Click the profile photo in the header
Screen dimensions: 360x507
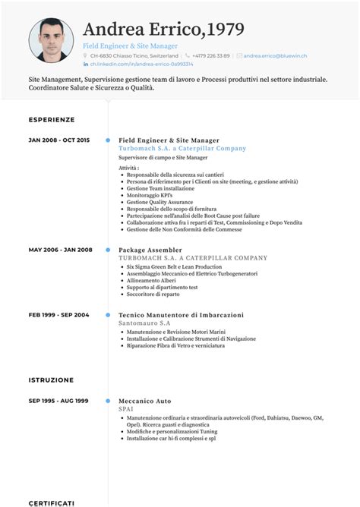click(52, 40)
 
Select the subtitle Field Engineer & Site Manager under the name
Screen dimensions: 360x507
click(130, 46)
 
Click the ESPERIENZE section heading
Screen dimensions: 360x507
click(52, 120)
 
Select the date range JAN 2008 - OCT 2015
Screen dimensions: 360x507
click(59, 140)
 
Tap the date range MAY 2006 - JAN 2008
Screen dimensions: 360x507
click(60, 250)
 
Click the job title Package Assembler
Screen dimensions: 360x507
click(150, 250)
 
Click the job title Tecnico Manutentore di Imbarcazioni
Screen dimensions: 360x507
click(181, 314)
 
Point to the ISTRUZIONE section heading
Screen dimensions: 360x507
click(51, 379)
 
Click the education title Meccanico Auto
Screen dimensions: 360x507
click(145, 400)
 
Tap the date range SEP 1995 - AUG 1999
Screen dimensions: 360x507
click(58, 400)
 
